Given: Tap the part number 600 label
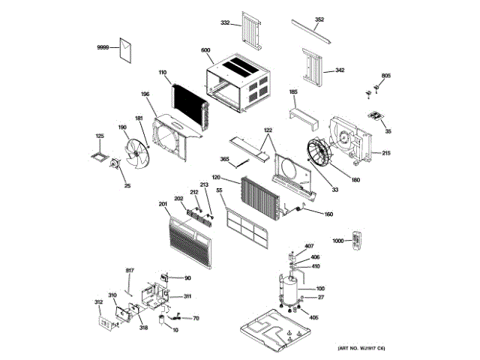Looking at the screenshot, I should [205, 50].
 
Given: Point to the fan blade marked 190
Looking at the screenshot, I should [136, 152].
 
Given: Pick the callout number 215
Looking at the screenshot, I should [386, 154].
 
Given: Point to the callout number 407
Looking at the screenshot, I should [309, 247].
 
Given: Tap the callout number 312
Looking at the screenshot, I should [98, 302].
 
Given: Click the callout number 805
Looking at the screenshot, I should [386, 76].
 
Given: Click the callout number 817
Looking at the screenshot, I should [129, 270].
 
